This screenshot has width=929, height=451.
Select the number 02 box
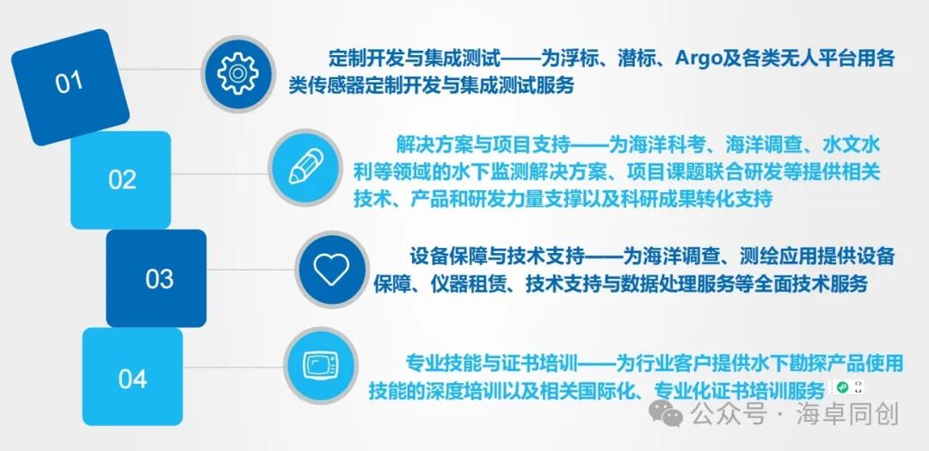pyautogui.click(x=121, y=180)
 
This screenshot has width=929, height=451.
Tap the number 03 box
pyautogui.click(x=158, y=279)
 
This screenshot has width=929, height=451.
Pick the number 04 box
pyautogui.click(x=132, y=378)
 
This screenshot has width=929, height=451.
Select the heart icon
pyautogui.click(x=331, y=267)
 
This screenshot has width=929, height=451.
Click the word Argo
pyautogui.click(x=700, y=59)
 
